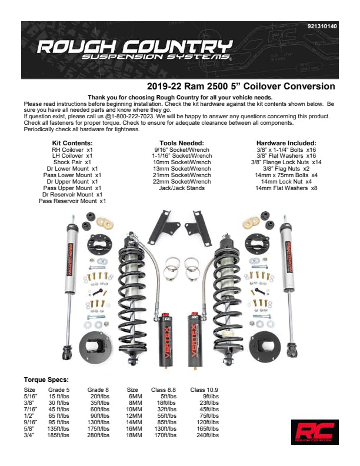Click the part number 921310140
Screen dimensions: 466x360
(322, 26)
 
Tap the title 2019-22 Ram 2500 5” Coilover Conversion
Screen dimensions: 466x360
(241, 86)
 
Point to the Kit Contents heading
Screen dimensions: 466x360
(72, 143)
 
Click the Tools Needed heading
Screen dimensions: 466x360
(182, 143)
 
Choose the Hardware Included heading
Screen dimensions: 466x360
(286, 143)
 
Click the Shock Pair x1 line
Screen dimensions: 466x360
(72, 162)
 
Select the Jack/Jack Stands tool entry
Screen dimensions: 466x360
(182, 188)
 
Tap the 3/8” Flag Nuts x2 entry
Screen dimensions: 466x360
(286, 168)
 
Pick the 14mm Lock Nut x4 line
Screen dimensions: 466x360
(286, 181)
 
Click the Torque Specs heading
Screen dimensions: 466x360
(46, 380)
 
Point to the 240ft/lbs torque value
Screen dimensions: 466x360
(207, 435)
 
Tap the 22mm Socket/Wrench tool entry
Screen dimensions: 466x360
(182, 181)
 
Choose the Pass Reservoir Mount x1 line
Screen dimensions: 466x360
(72, 201)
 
